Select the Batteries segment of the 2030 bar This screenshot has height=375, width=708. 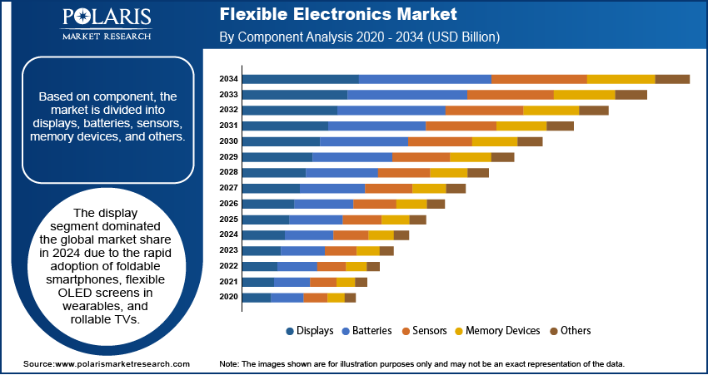click(364, 141)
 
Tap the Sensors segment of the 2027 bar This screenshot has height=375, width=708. click(389, 189)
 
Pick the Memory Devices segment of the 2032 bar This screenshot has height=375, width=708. click(551, 111)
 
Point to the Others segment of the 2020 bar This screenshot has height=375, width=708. click(350, 298)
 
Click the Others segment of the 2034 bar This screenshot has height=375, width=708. click(672, 79)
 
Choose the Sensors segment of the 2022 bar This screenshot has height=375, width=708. click(332, 266)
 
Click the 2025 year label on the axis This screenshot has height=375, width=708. click(228, 220)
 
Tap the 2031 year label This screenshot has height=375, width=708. click(228, 126)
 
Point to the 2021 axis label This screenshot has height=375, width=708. click(228, 282)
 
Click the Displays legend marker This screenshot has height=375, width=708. click(291, 331)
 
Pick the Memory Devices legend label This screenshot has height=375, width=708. click(502, 331)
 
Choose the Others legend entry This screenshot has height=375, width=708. click(576, 331)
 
